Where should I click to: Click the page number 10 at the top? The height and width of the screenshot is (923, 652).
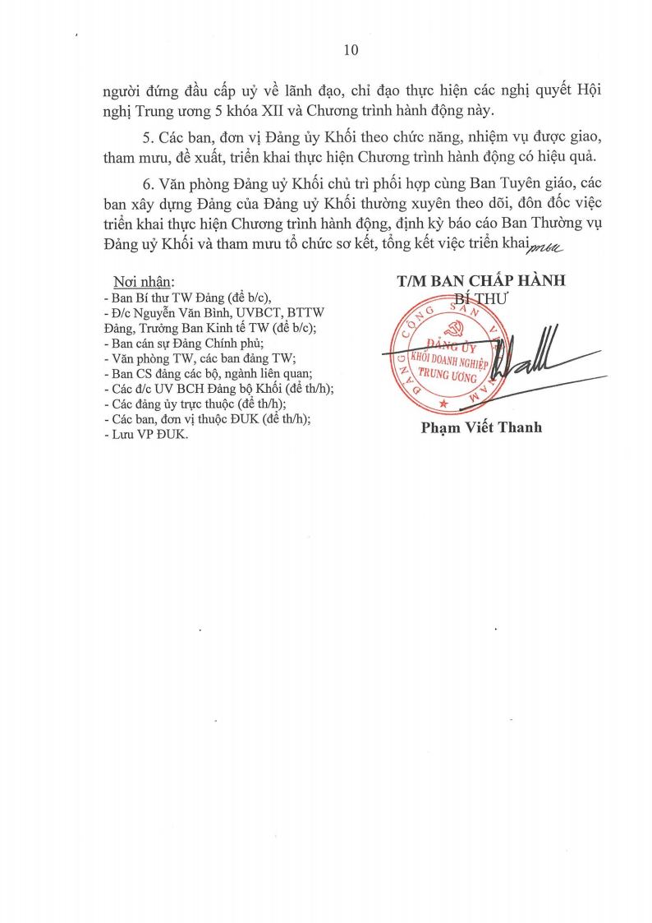pyautogui.click(x=351, y=51)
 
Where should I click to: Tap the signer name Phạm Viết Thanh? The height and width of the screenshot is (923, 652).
pyautogui.click(x=481, y=427)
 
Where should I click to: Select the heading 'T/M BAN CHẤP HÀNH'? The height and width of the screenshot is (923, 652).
pyautogui.click(x=480, y=281)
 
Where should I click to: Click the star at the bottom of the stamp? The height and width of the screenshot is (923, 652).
pyautogui.click(x=444, y=404)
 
